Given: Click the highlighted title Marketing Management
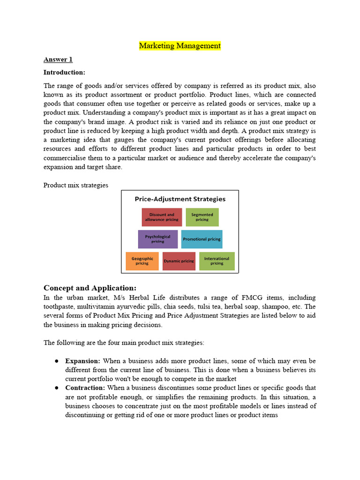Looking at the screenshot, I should (x=180, y=46).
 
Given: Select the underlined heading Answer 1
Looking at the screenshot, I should (x=58, y=60).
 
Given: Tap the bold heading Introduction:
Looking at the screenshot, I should (x=64, y=72).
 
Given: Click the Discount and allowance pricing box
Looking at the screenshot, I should (x=162, y=217).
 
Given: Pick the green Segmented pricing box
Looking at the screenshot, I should (x=202, y=217).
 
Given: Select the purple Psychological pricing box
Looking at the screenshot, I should (x=158, y=239).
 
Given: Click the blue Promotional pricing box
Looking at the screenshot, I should (x=202, y=239).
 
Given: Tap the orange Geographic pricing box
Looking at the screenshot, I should (x=142, y=261).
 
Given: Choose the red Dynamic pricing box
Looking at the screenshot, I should (x=179, y=261).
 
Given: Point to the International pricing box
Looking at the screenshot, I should (x=217, y=261).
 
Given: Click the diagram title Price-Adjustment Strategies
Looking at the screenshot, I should (x=180, y=199).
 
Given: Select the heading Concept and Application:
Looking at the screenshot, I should (x=90, y=288).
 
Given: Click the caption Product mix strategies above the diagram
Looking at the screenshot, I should (x=76, y=185).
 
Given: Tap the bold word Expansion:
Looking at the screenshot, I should (x=82, y=361).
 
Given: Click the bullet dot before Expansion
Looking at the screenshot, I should (x=56, y=361).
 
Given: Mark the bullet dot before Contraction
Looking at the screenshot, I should (x=56, y=388).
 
